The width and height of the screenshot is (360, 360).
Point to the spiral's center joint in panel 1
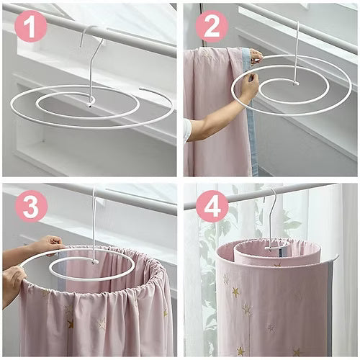pos(89,102)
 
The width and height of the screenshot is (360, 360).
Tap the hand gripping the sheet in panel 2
pos(248,85)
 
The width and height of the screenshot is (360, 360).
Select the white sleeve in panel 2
pos(187,130)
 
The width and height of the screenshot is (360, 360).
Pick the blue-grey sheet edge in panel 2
pos(252,144)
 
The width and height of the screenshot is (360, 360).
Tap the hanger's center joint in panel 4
pos(274,247)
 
